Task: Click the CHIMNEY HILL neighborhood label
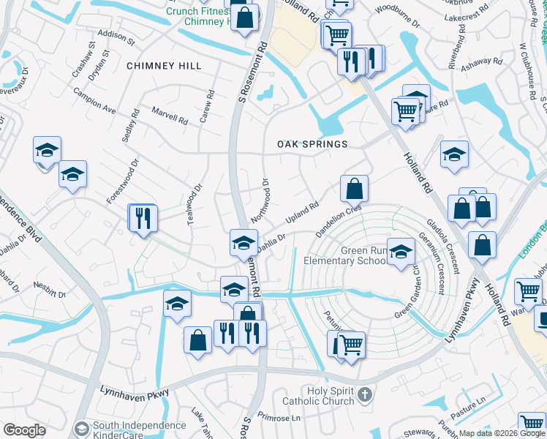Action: pos(164,66)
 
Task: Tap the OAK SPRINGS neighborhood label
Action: pos(312,144)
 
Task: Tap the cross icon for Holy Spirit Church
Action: pos(367,396)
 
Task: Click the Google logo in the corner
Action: pos(24,430)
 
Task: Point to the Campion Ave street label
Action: pos(94,100)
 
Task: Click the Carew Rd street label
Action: pos(208,105)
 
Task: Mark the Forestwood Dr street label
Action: pos(122,183)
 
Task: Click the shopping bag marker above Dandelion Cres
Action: pos(354,189)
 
